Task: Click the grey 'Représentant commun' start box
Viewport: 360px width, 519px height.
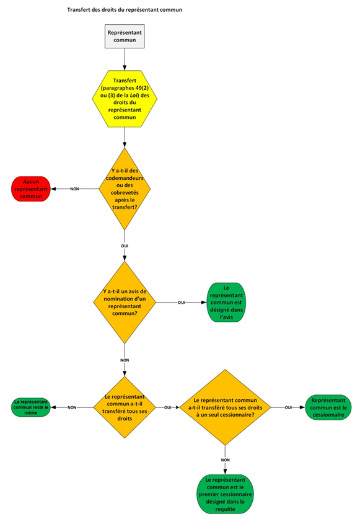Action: click(125, 37)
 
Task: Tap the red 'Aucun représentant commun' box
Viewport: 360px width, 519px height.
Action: click(31, 188)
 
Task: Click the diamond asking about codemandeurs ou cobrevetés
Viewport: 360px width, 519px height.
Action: click(125, 189)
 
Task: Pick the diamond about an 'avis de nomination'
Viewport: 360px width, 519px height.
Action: click(125, 303)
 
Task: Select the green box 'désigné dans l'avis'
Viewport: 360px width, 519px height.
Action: click(226, 303)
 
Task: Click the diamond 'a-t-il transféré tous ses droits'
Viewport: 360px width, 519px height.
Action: click(125, 407)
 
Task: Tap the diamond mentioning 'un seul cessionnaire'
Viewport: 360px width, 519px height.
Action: click(225, 407)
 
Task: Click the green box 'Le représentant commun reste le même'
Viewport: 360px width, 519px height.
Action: click(31, 407)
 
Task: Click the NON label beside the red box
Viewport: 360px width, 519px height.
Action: click(74, 189)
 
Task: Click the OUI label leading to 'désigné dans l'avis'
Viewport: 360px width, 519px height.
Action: click(182, 303)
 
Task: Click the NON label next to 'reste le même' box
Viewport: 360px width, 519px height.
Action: click(72, 407)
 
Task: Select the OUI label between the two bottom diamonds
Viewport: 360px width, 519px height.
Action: click(167, 407)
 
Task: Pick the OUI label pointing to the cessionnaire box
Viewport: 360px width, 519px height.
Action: click(288, 407)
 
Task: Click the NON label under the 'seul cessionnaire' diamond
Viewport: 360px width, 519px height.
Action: click(225, 459)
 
